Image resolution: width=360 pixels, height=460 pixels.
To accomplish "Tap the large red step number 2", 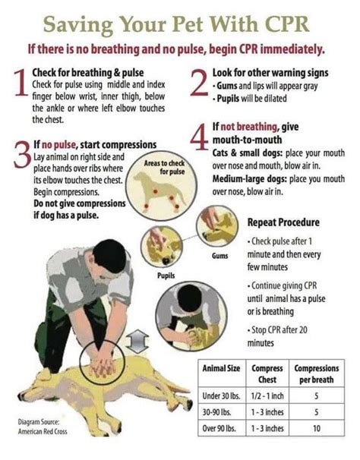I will (200, 84).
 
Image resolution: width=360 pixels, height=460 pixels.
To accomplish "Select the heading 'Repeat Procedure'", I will (283, 222).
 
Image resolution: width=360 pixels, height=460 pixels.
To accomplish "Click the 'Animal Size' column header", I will (220, 368).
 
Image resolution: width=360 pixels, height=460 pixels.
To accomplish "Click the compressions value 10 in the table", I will (316, 428).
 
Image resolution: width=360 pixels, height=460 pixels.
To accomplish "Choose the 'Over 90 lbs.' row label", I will (219, 428).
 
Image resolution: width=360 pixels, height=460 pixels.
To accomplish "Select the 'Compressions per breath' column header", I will (316, 373).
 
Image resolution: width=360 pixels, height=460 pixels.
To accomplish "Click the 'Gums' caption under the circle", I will (220, 256).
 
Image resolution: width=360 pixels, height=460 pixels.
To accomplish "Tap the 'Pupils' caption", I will (166, 276).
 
